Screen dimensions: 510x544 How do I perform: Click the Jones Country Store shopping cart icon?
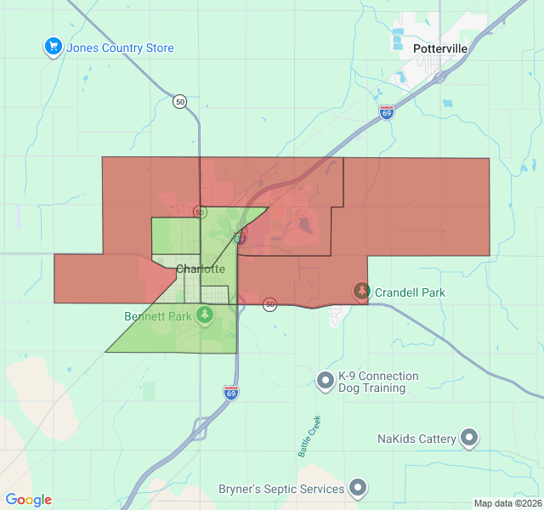pos(54,48)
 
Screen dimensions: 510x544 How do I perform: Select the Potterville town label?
pos(440,49)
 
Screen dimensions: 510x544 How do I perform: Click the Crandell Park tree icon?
pos(362,292)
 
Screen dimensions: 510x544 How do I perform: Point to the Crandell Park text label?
pos(410,292)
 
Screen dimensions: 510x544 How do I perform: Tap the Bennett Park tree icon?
pos(204,315)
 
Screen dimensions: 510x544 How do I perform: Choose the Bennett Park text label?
pos(158,316)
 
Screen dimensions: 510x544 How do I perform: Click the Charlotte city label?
pos(201,269)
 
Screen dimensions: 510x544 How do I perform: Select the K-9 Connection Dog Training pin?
pos(325,381)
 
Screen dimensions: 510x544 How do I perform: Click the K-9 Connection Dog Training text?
pos(378,382)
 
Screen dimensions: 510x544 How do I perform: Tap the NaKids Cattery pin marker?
pos(470,439)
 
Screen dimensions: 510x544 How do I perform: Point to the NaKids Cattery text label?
pos(417,439)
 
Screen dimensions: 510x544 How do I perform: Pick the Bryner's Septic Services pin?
pos(359,488)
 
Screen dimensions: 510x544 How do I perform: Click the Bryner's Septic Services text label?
pos(281,489)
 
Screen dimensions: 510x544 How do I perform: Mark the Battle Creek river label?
pos(309,436)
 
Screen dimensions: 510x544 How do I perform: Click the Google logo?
pos(28,500)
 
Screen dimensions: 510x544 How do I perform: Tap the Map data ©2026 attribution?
pos(507,503)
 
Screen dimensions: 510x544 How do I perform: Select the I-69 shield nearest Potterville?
pos(387,111)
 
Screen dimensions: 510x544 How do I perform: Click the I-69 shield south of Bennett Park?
pos(231,392)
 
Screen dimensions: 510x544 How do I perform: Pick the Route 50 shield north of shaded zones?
pos(179,101)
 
